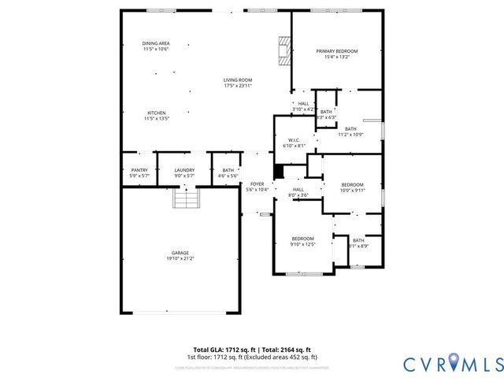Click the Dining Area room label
point(155,44)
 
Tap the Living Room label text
point(237,80)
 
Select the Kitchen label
point(156,113)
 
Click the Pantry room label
point(139,169)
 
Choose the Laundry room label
point(184,169)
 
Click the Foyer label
point(257,183)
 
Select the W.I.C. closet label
point(293,140)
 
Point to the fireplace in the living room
point(283,50)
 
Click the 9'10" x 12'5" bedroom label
point(303,239)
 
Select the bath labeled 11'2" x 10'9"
point(350,129)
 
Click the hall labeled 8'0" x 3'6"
point(298,190)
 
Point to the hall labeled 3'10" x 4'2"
point(303,103)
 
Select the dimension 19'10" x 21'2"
point(180,258)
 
